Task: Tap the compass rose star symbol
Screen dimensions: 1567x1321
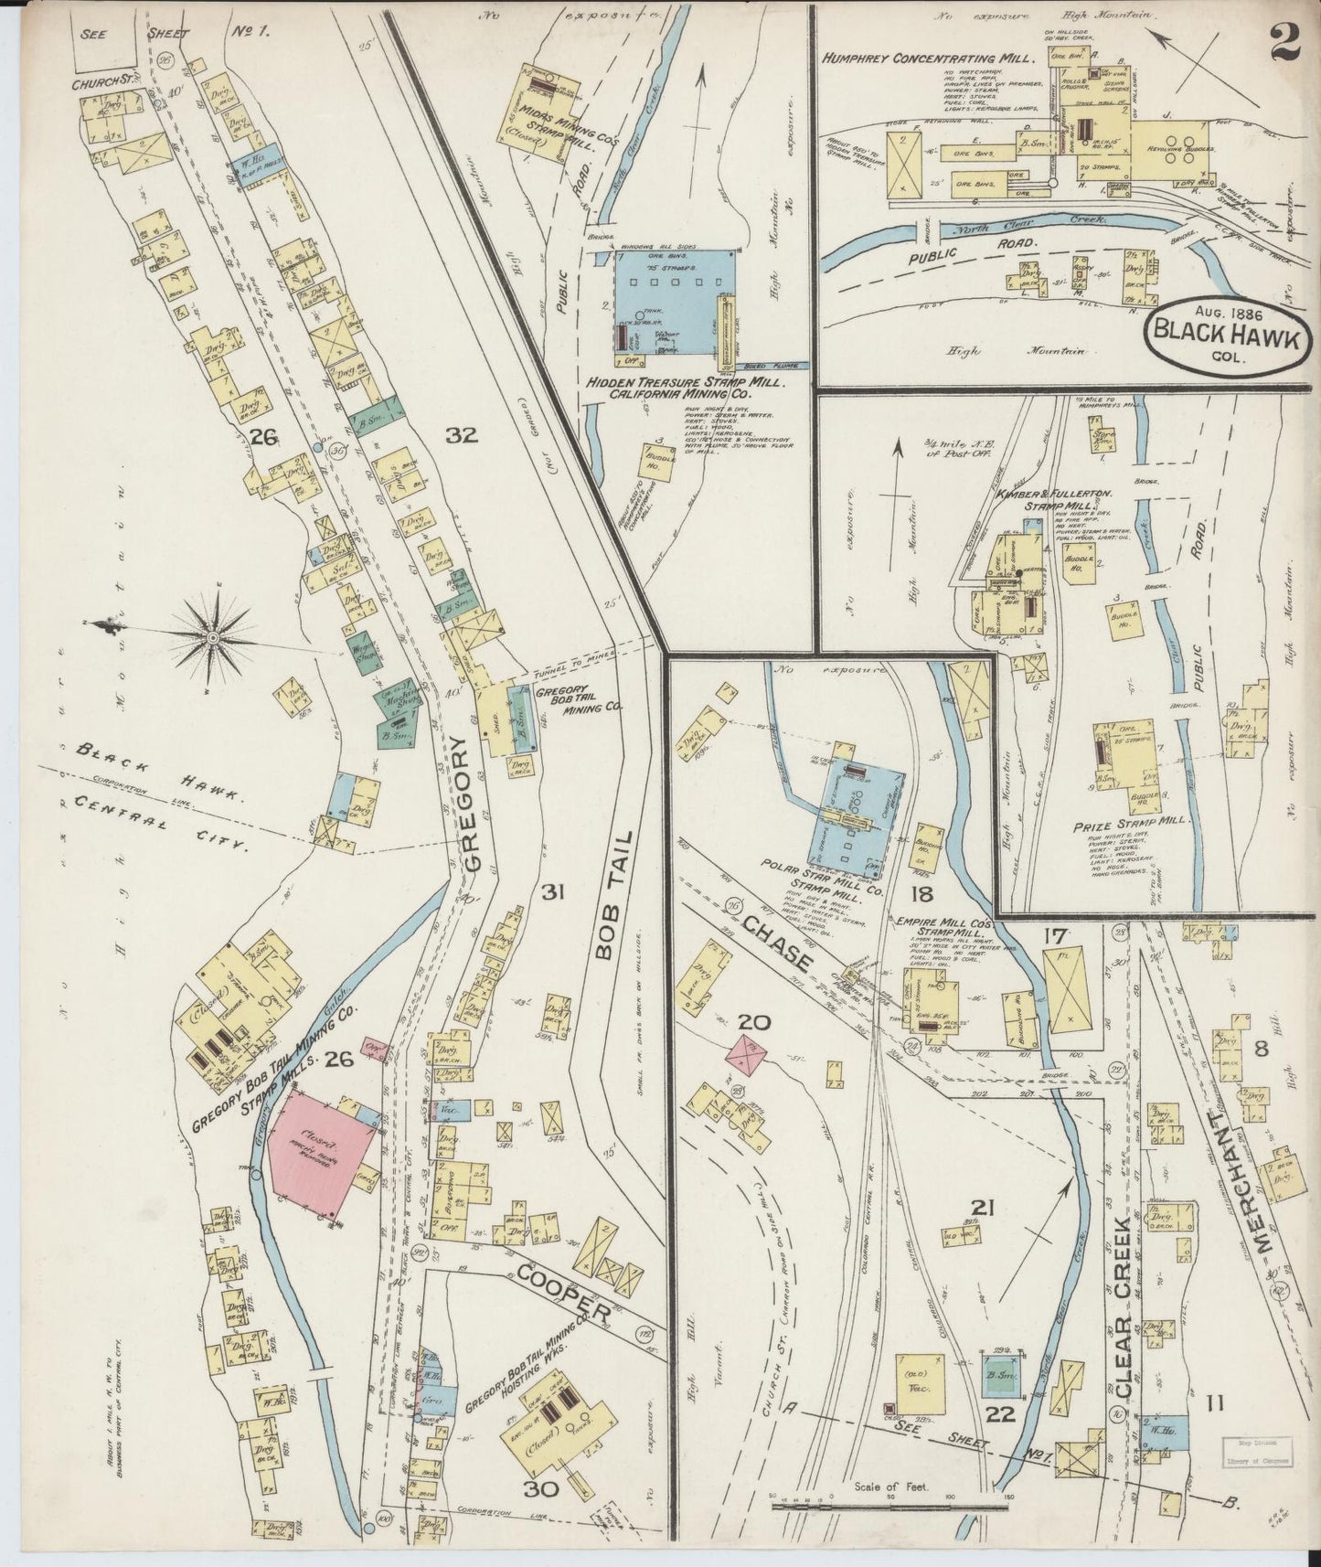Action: (x=212, y=635)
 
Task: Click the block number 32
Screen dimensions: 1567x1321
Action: (x=462, y=436)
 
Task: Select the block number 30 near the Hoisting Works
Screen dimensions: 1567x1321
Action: (x=542, y=1489)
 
